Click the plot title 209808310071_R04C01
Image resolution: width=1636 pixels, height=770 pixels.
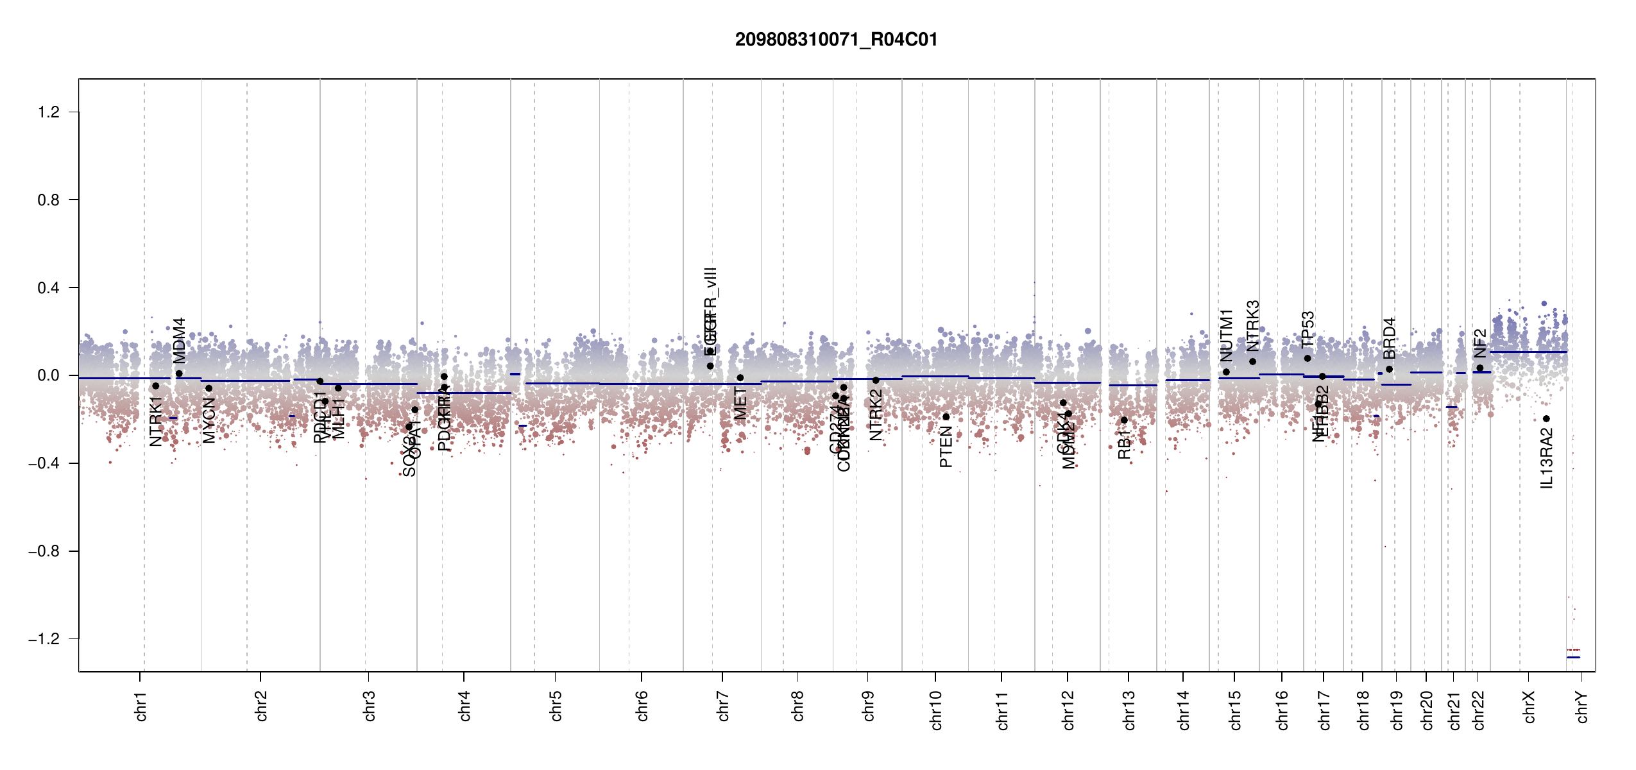(836, 40)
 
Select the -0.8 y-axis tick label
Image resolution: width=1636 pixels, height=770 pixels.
(44, 551)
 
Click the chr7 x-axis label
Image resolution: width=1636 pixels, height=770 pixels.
(723, 706)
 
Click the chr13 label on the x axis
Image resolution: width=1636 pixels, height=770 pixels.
(1129, 710)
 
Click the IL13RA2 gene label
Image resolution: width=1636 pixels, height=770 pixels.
(1547, 459)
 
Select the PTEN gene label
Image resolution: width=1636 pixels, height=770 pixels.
(946, 447)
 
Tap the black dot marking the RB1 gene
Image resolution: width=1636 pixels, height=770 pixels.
(1124, 420)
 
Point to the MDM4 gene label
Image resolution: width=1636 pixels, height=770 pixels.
(180, 340)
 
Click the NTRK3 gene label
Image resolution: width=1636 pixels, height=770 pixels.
(1253, 325)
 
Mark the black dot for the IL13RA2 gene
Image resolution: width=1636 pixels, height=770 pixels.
(1546, 419)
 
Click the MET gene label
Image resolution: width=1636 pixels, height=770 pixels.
(740, 403)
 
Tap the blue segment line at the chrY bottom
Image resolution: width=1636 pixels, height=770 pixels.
(1573, 658)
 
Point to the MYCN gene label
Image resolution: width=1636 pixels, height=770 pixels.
(209, 420)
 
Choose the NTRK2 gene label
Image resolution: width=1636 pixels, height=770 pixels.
(876, 415)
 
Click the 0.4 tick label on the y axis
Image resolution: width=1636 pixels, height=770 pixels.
(49, 288)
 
